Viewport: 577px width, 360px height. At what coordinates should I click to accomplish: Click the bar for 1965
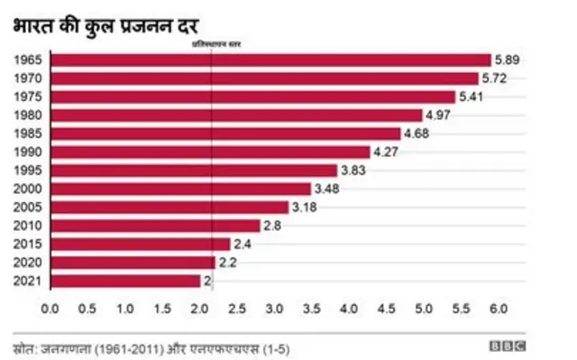coord(270,60)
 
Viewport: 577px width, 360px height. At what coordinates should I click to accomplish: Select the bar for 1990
coord(210,152)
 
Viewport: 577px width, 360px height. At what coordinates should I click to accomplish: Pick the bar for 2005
coord(169,207)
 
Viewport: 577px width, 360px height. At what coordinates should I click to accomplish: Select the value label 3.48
coord(327,189)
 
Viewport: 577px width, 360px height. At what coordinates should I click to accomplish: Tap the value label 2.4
coord(243,245)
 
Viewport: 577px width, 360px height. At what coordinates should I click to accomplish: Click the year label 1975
coord(29,97)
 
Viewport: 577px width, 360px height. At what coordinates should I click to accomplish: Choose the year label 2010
coord(29,226)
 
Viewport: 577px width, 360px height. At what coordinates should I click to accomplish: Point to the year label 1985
coord(29,134)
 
